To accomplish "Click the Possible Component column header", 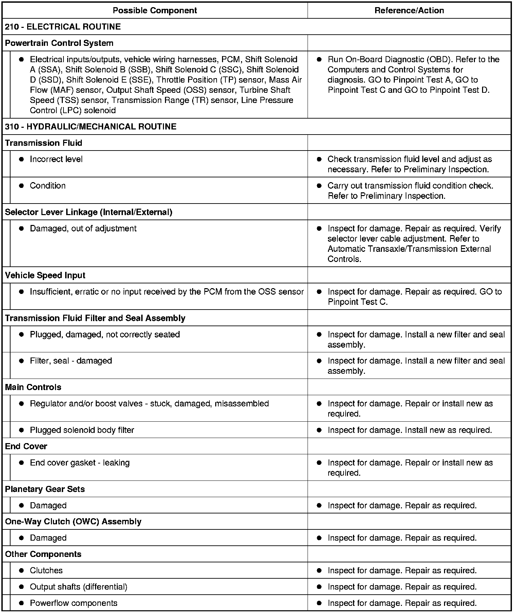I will [155, 11].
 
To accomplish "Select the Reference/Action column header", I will [409, 11].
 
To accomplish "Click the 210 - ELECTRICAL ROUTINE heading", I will [63, 27].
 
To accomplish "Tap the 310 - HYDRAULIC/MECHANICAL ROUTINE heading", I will [91, 127].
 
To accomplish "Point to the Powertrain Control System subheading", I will [59, 43].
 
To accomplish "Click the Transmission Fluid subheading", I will [43, 143].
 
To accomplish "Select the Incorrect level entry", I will [56, 159].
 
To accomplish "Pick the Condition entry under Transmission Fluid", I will [48, 186].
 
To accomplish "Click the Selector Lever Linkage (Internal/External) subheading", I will [89, 212].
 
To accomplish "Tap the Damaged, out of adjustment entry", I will [83, 229].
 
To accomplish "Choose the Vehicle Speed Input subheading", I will [45, 276].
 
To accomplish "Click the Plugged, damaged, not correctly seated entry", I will [105, 335].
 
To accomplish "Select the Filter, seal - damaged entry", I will [71, 361].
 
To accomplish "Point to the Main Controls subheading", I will [33, 387].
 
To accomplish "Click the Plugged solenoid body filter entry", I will [82, 430].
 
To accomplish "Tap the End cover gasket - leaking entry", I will [79, 463].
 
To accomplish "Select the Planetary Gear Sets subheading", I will [45, 489].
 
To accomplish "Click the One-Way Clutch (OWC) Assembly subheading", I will [73, 522].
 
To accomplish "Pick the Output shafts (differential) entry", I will [78, 587].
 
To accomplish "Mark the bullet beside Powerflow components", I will [21, 603].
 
